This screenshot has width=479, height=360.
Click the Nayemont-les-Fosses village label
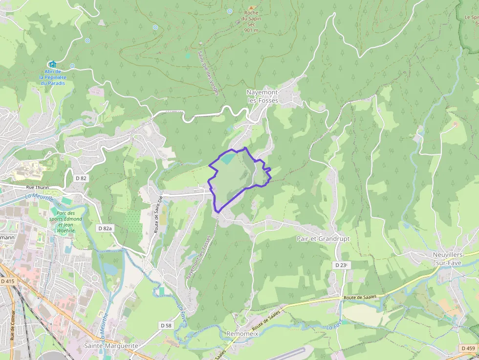point(262,96)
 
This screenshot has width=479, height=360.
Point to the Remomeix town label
point(242,334)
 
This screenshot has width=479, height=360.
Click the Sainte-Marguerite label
point(111,345)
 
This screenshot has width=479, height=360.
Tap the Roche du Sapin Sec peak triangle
point(252,8)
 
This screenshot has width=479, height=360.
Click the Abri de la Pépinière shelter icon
point(52,64)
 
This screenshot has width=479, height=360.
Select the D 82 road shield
point(81,178)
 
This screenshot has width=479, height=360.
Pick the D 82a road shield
point(105,228)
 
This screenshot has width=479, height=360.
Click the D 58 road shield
point(166,325)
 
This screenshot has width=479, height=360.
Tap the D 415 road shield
point(7,281)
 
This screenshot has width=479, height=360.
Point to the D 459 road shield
point(468,348)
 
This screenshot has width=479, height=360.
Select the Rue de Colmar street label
point(12,325)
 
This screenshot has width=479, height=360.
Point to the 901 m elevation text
point(251,30)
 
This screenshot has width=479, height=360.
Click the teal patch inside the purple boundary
point(227,158)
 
